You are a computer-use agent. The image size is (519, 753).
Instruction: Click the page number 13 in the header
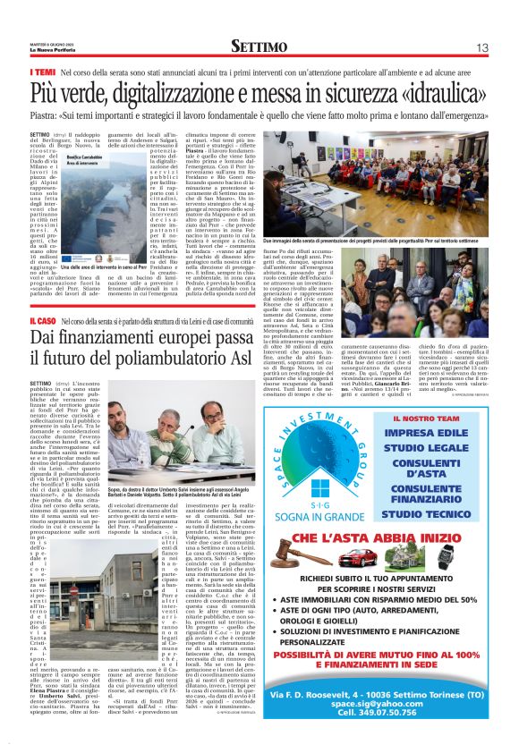click(481, 47)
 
